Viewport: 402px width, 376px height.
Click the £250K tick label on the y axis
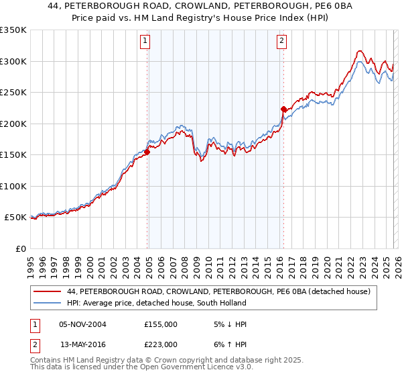(13, 93)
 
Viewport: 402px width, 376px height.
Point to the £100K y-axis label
(13, 186)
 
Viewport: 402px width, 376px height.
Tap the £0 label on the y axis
(21, 248)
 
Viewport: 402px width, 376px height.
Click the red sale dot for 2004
(147, 152)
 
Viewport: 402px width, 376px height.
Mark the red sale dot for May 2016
(283, 109)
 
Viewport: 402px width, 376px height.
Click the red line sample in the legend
(48, 291)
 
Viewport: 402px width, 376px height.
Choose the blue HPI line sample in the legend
(48, 303)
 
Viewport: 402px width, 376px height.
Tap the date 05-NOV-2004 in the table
(83, 324)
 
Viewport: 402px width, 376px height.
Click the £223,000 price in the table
(161, 344)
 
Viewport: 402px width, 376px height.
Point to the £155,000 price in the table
(161, 324)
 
